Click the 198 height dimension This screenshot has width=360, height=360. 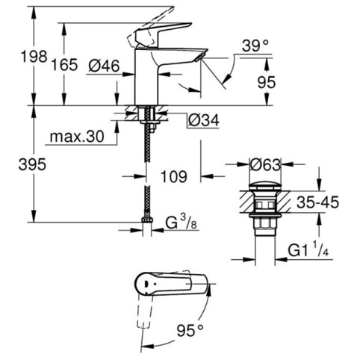[x=34, y=57]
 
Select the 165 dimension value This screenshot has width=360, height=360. [x=64, y=65]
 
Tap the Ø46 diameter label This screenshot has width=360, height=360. [x=105, y=66]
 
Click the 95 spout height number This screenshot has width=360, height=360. [x=267, y=82]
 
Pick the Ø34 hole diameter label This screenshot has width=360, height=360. [x=204, y=120]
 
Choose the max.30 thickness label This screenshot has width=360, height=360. [x=77, y=137]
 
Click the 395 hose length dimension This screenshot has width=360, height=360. [x=32, y=164]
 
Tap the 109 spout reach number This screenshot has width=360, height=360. [x=174, y=176]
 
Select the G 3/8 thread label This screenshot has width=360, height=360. [x=181, y=223]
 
